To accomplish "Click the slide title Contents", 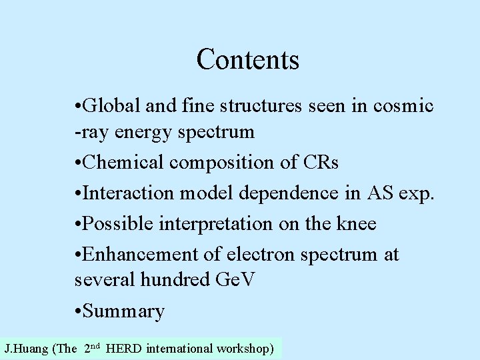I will click(248, 59).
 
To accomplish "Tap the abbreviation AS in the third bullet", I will click(377, 193).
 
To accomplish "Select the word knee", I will click(357, 224).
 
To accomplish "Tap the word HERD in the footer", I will click(123, 348).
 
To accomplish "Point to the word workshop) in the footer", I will click(244, 348).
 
